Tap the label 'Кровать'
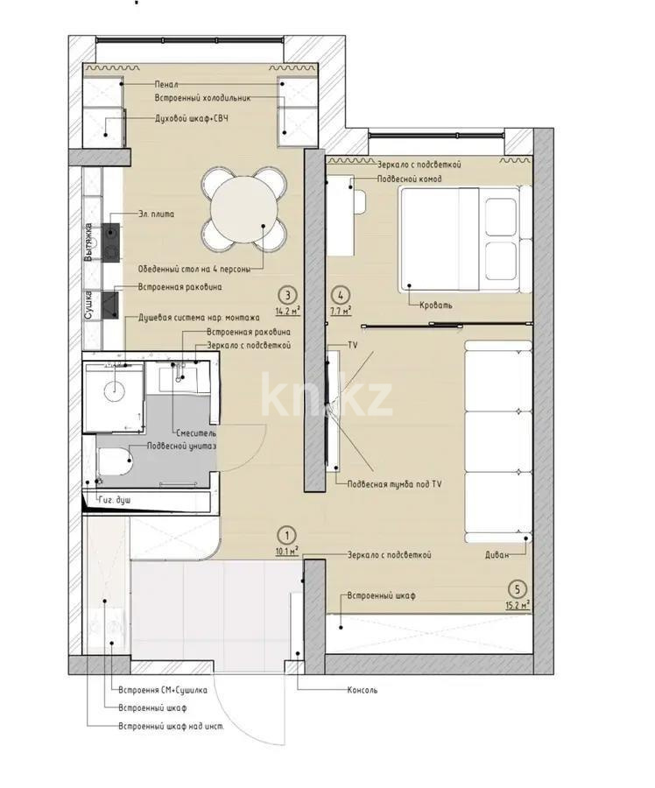pos(436,305)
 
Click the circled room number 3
pos(285,295)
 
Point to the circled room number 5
pos(518,589)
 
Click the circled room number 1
pos(285,534)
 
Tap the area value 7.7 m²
pos(342,310)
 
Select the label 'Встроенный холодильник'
pos(203,98)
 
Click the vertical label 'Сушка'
pos(88,305)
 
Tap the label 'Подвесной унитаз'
pos(181,446)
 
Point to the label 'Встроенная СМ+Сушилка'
pos(162,690)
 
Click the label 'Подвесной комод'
pos(409,179)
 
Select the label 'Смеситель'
pos(195,433)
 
